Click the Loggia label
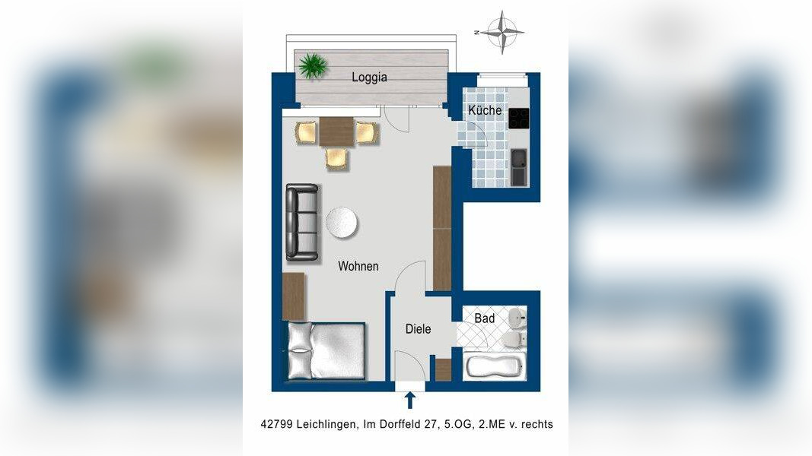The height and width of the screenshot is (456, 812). pos(369,78)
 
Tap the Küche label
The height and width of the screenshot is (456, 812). pos(485,110)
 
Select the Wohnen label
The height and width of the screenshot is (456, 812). pos(358,266)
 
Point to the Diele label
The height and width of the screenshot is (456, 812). pos(418,329)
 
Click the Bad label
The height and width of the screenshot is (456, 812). pos(484,318)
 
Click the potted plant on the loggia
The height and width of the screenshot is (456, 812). pos(313,65)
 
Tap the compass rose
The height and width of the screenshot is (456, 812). pos(502,32)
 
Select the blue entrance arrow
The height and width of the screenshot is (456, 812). pos(409,401)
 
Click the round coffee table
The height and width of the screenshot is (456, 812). pos(342,223)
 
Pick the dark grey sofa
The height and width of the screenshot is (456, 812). pos(302,223)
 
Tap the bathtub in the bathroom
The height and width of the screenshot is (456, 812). pos(494,366)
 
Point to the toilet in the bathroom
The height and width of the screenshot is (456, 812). pos(513,340)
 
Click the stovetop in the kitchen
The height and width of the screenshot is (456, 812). pos(518,119)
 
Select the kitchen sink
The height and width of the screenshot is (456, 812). pos(518,167)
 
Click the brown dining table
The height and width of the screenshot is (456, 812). pos(336,131)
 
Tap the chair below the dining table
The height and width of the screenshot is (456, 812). pos(336,159)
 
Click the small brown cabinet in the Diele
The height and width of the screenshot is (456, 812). pos(443,369)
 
